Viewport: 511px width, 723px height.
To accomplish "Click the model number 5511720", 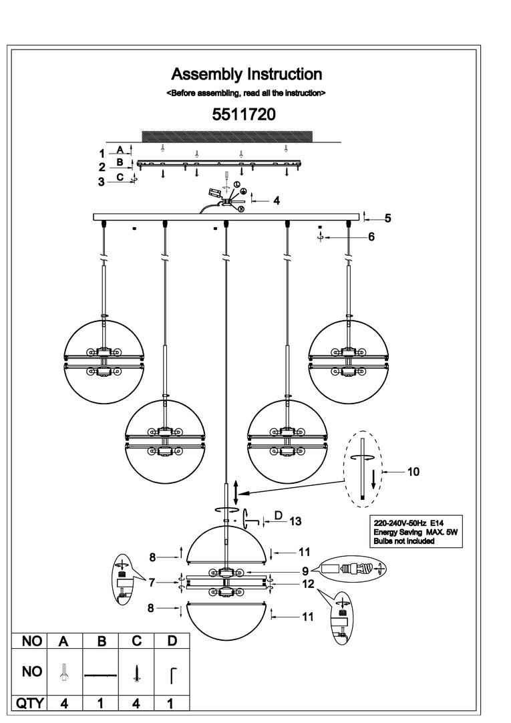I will point(244,114).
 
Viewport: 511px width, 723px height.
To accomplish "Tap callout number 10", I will point(413,472).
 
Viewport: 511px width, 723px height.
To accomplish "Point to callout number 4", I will point(276,200).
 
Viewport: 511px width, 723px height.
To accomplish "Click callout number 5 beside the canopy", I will point(387,218).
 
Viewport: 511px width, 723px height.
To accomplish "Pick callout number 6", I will point(371,237).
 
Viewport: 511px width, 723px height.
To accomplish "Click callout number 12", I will point(307,583).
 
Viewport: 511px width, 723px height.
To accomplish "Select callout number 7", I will point(152,583).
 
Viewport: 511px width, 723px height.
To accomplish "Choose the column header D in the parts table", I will point(172,641).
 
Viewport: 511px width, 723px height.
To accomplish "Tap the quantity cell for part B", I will point(102,702).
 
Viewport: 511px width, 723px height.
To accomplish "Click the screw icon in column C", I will point(137,672).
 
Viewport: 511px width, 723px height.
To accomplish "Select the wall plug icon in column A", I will point(65,672).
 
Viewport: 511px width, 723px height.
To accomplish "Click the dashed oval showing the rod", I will point(362,466).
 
